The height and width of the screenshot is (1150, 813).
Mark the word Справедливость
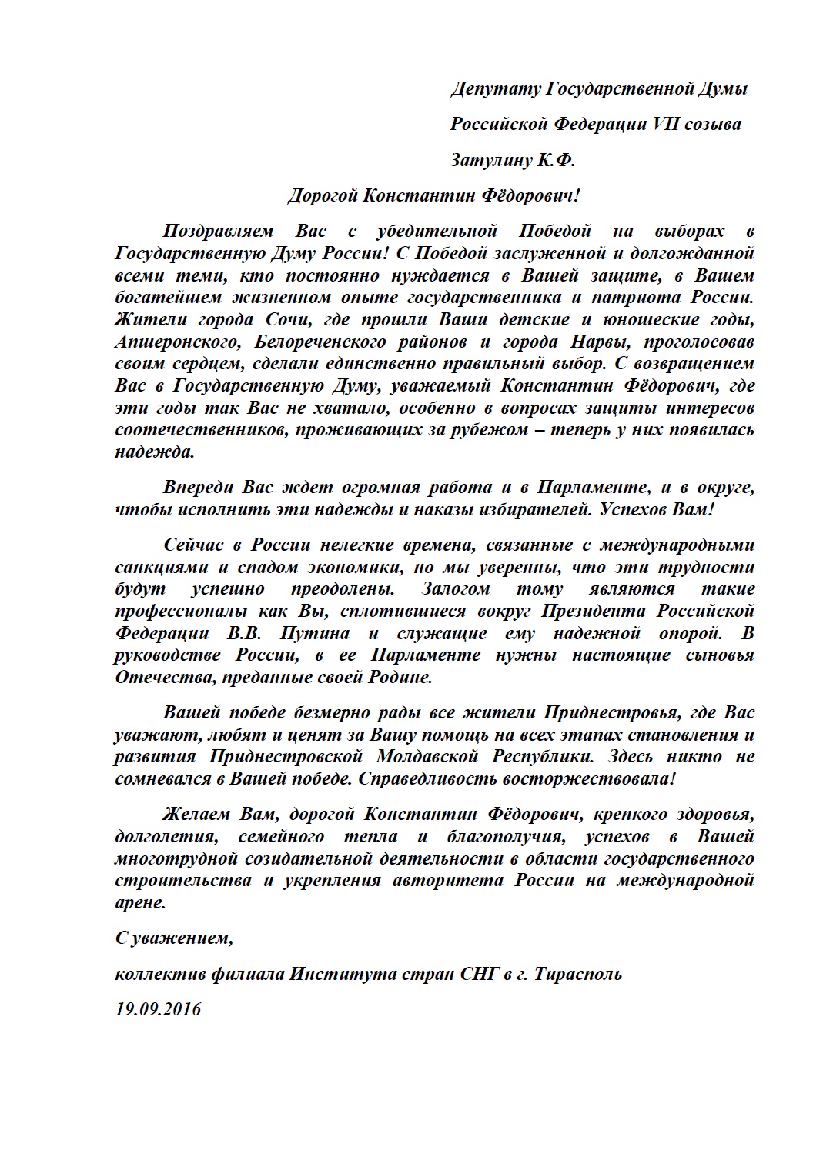(437, 778)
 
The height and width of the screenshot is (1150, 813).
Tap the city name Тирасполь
(578, 974)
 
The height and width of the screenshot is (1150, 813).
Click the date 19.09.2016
(158, 1009)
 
